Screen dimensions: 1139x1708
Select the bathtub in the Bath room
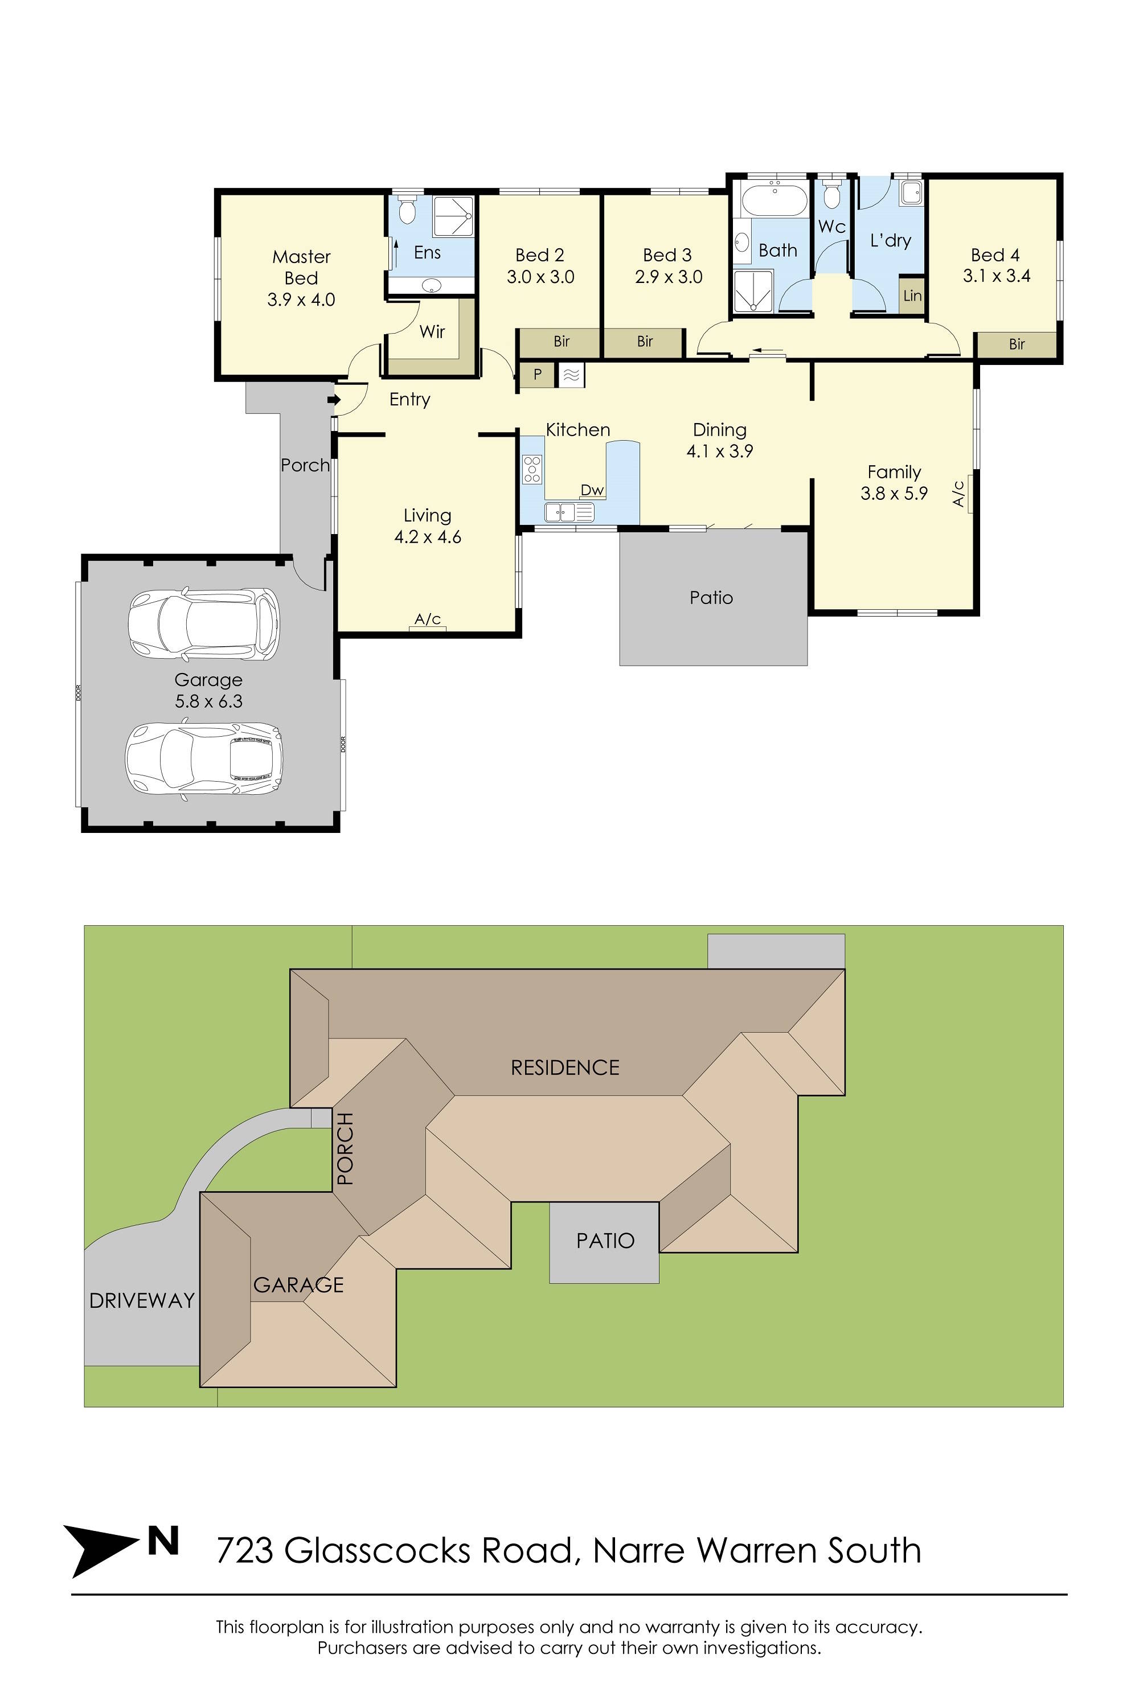click(x=773, y=200)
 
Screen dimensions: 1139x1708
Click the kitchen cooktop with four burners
click(x=532, y=469)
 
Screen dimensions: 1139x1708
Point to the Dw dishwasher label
click(x=593, y=490)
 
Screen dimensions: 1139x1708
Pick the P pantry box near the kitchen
click(x=538, y=375)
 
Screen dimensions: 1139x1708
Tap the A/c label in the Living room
click(x=428, y=619)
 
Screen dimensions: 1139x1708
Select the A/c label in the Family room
click(x=959, y=493)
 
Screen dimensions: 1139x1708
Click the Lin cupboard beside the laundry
click(x=912, y=295)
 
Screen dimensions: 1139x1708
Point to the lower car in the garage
click(x=203, y=759)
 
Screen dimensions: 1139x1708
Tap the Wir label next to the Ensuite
click(x=432, y=332)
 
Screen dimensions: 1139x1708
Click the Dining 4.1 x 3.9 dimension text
click(x=720, y=451)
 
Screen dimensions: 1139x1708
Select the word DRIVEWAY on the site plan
click(x=142, y=1300)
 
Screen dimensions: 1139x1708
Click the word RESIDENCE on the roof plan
click(x=565, y=1067)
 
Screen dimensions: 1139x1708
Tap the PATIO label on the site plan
click(x=605, y=1241)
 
